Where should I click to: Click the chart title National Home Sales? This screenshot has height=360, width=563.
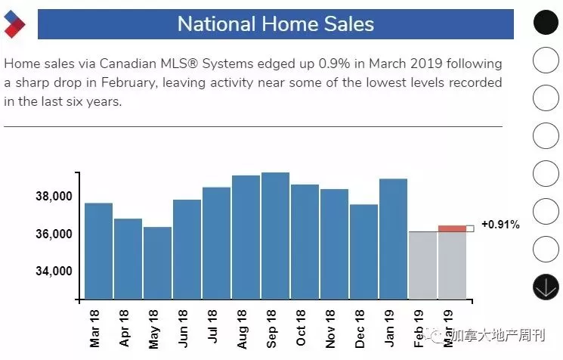point(276,24)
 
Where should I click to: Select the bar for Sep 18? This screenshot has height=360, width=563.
point(275,236)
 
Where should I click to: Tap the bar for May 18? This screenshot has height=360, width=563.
point(158,263)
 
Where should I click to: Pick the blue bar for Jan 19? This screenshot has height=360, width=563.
point(393,239)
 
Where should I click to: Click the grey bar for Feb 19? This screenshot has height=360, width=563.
point(422,265)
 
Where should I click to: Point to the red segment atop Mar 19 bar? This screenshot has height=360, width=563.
point(452,228)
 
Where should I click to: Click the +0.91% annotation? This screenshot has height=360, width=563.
point(500,225)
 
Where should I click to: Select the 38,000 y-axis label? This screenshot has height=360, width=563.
point(54,196)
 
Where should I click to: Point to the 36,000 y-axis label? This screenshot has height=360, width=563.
point(54,234)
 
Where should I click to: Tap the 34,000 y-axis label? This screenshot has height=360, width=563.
point(54,271)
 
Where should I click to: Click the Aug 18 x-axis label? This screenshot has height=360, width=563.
point(242,329)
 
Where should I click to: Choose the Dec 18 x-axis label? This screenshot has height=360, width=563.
point(360,329)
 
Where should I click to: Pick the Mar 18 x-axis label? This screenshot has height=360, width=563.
point(94,329)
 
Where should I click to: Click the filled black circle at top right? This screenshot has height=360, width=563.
point(546,22)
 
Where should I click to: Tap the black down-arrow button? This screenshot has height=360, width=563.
point(546,287)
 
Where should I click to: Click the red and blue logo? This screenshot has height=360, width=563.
point(14,24)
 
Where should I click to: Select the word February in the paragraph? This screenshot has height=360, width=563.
point(128,82)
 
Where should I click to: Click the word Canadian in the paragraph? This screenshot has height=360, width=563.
point(128,64)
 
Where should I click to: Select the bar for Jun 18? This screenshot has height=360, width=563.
point(187,250)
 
